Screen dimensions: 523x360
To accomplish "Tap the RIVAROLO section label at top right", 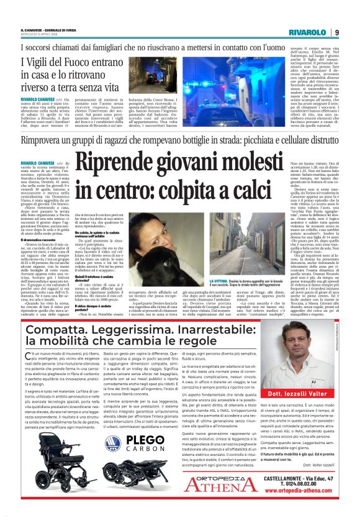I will (x=308, y=32).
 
